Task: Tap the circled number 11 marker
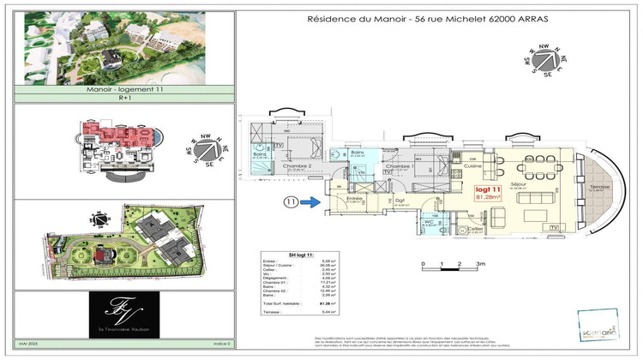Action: (292, 203)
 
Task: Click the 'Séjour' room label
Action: (520, 183)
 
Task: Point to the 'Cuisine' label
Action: (460, 166)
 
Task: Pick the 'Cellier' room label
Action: (473, 229)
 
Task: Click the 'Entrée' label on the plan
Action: (350, 200)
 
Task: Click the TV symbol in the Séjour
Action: (555, 225)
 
